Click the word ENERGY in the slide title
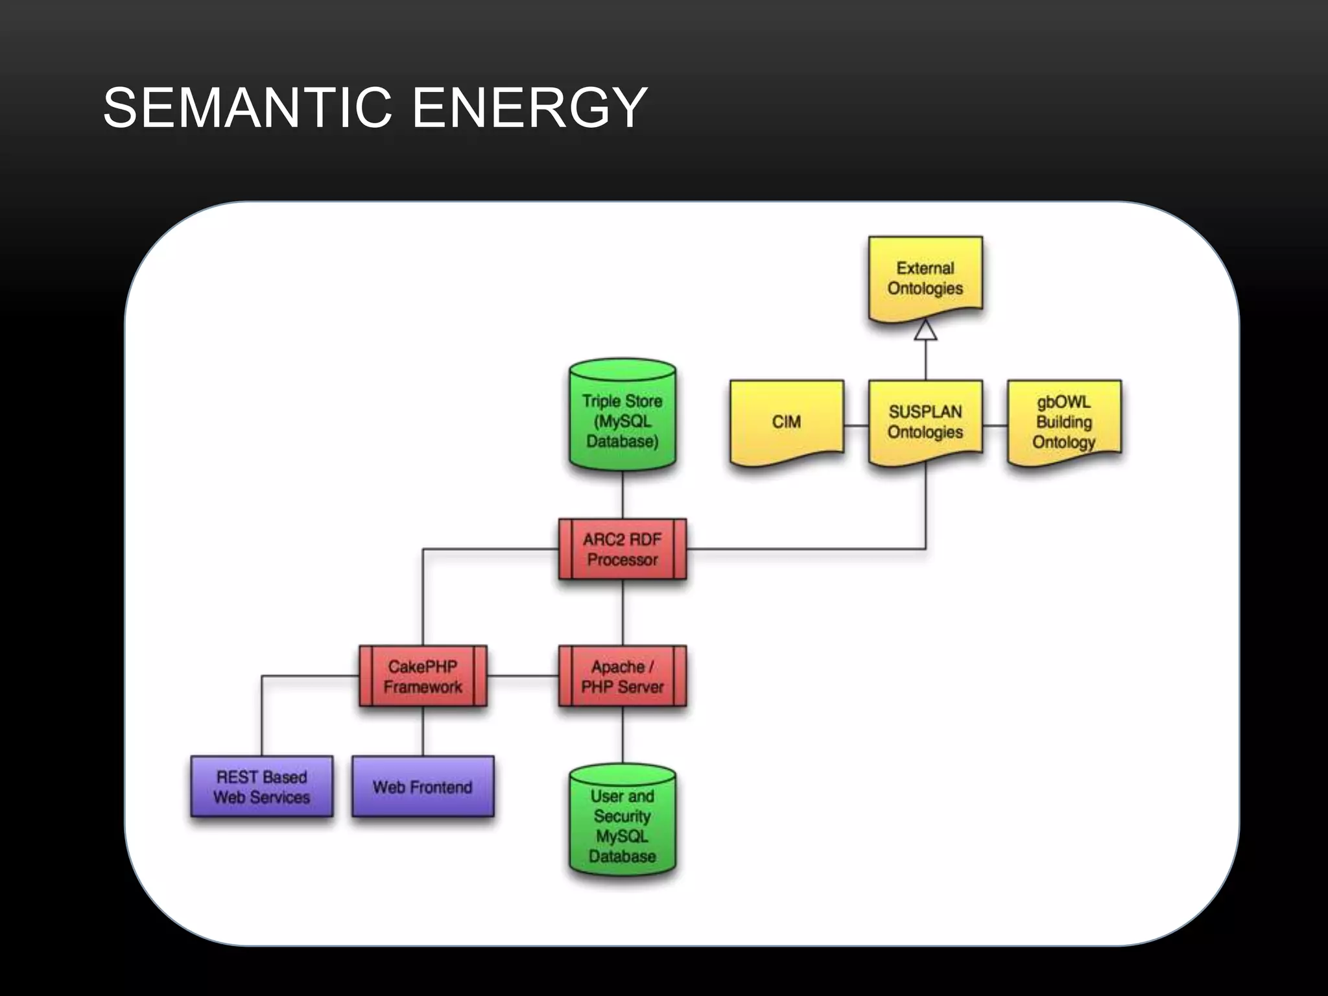[530, 108]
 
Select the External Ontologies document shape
[925, 278]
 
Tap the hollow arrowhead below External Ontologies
[925, 330]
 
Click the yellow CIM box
[787, 421]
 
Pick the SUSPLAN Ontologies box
[925, 421]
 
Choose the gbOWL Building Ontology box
[1063, 421]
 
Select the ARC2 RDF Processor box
[622, 549]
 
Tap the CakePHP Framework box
[423, 676]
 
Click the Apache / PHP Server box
[622, 676]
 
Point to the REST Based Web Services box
[262, 787]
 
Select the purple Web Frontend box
[423, 787]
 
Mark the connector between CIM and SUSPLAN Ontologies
[856, 426]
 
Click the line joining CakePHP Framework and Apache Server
[523, 676]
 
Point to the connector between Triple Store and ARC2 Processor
[622, 494]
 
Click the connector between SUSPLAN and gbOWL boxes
[995, 426]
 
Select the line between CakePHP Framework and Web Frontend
[423, 731]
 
